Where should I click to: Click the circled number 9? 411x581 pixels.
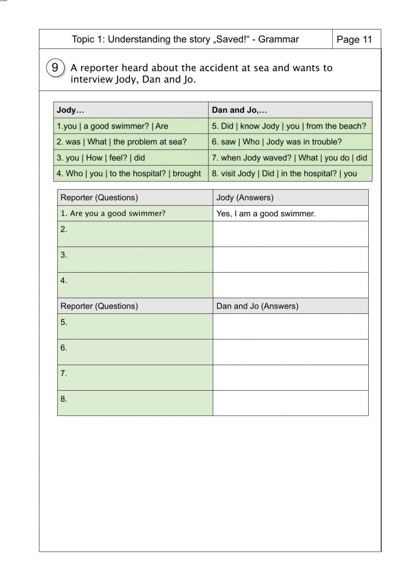(55, 67)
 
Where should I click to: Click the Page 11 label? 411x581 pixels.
(354, 39)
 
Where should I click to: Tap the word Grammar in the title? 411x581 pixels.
(278, 39)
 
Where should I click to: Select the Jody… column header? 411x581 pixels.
(70, 110)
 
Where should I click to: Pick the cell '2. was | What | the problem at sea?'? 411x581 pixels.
(122, 142)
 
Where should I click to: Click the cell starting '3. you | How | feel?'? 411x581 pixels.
(101, 158)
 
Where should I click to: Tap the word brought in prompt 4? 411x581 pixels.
(187, 174)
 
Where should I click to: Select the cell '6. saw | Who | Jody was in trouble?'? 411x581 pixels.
(277, 142)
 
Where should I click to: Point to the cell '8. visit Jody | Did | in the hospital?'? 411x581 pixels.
(284, 174)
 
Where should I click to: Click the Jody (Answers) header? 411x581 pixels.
(245, 197)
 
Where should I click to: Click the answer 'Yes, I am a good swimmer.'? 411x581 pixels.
(266, 214)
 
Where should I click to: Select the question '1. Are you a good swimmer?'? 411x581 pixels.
(113, 213)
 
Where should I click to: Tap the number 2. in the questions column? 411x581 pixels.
(64, 229)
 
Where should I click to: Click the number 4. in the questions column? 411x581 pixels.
(64, 280)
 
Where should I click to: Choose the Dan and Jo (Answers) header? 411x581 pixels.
(257, 306)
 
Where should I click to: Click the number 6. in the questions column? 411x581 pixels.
(64, 348)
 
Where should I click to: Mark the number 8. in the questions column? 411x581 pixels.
(64, 399)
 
